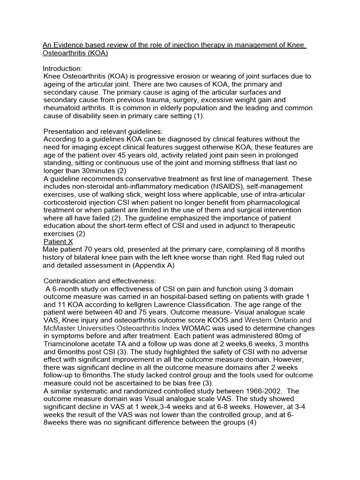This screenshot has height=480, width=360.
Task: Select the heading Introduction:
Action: click(63, 68)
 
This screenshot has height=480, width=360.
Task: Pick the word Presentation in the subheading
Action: click(64, 132)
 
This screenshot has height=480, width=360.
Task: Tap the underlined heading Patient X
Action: click(58, 241)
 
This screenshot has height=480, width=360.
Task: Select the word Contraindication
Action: click(72, 281)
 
